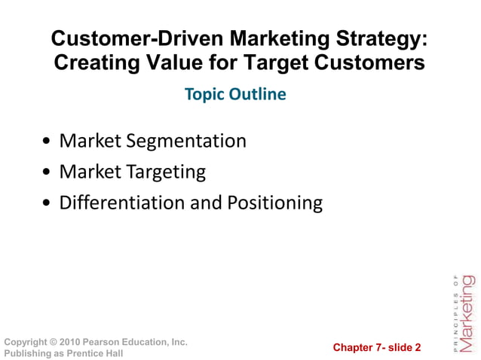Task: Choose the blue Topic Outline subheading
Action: click(236, 95)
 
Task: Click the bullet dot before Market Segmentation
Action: click(48, 142)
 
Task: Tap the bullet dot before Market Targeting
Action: click(48, 172)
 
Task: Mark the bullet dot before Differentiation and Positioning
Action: click(48, 203)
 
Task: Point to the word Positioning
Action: click(275, 203)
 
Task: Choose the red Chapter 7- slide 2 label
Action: click(377, 347)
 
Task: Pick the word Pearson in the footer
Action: click(104, 342)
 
